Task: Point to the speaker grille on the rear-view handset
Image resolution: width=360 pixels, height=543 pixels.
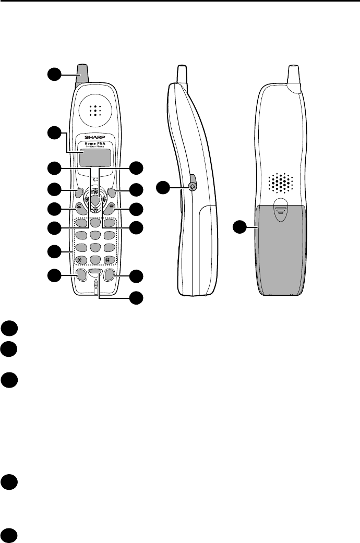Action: click(281, 183)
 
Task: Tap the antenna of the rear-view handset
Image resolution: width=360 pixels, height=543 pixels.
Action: click(294, 73)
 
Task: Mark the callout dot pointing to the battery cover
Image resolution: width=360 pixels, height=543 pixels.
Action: click(240, 227)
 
